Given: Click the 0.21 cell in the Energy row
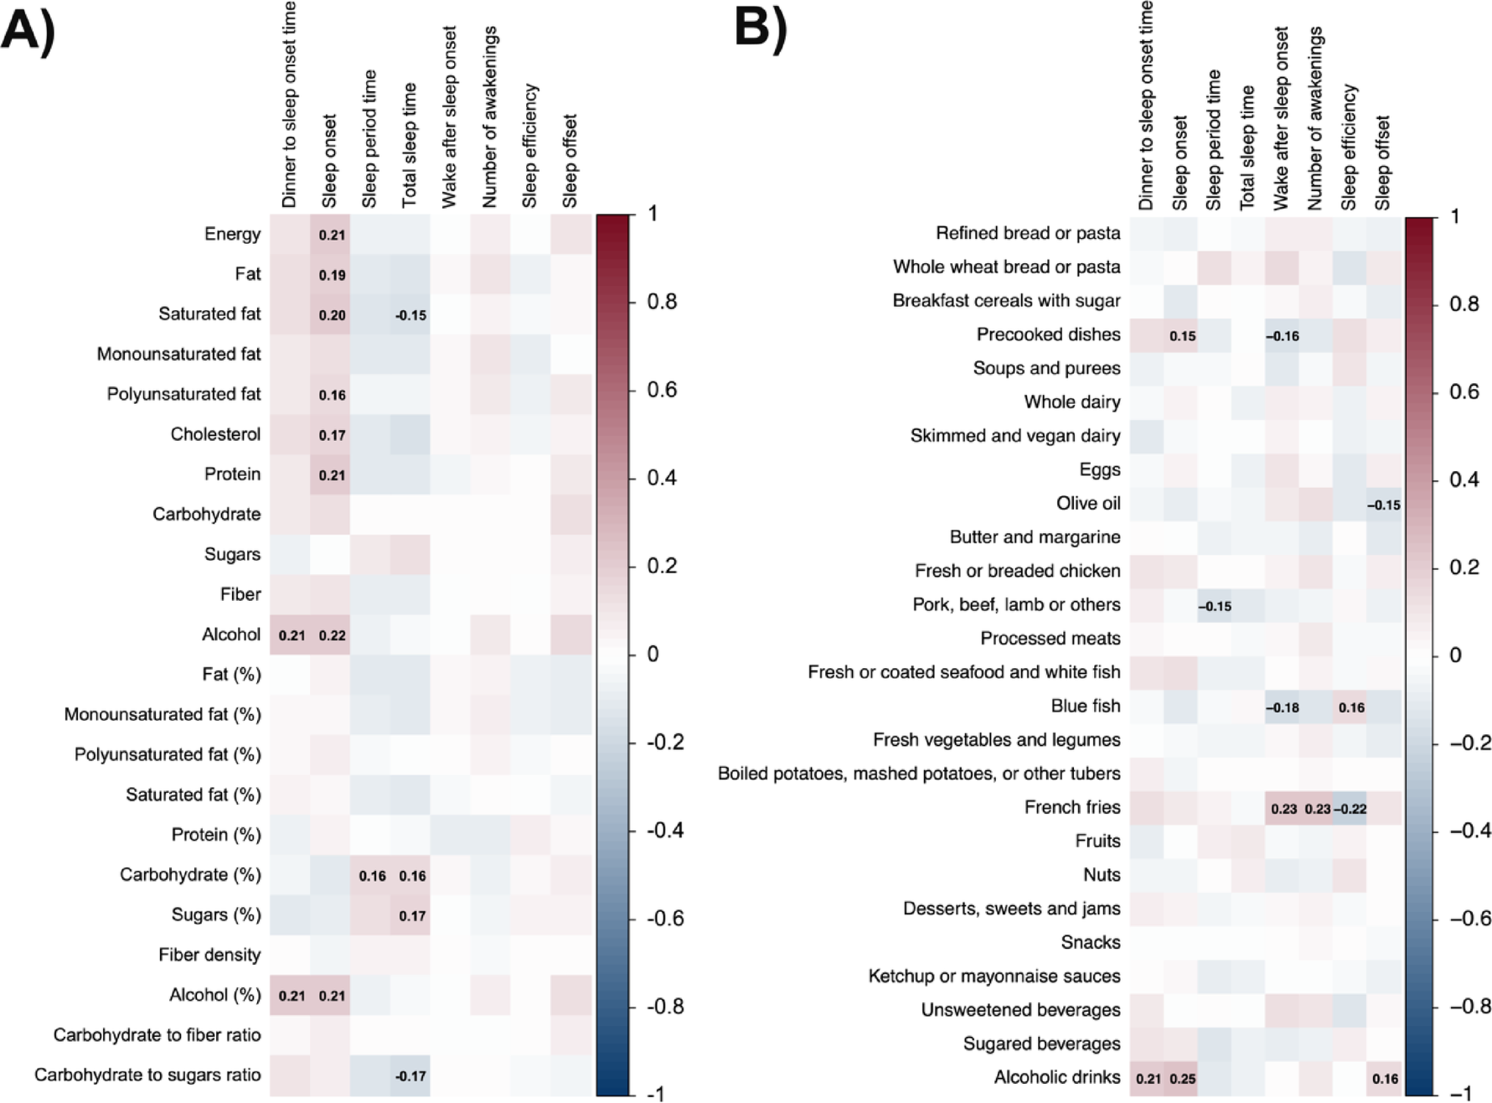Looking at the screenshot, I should pos(332,235).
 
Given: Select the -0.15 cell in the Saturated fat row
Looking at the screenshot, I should pos(410,315).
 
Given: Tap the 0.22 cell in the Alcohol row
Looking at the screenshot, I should pos(332,636).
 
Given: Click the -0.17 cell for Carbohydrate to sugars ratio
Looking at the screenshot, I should pos(410,1076).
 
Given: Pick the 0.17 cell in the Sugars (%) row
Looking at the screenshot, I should pos(412,916).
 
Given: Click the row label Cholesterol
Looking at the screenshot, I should pos(215,434).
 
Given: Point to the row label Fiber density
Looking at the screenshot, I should pos(209,955).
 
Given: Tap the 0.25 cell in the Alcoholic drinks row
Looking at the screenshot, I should pos(1182,1079).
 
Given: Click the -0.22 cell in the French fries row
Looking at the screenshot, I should pos(1350,809).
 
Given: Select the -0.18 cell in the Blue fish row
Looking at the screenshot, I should pos(1283,708).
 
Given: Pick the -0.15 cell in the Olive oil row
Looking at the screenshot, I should pos(1383,505).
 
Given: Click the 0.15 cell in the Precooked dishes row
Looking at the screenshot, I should pos(1182,336).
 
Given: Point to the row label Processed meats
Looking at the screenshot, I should pos(1050,639).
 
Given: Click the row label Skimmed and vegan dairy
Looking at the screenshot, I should pos(1015,436).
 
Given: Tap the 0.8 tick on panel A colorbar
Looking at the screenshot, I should pos(662,301).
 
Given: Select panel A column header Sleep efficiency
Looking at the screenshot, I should pos(530,147).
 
